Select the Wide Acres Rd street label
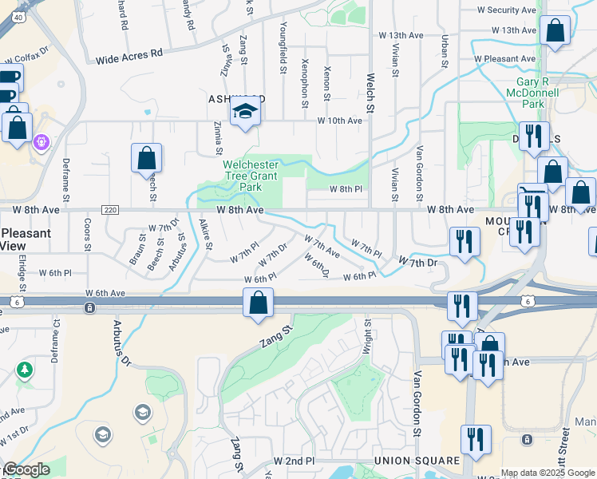pos(128,57)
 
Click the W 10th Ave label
pos(339,121)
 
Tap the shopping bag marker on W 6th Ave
pos(258,304)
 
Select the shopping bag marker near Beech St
pos(147,159)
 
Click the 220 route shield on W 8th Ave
pos(110,209)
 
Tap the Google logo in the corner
pos(26,469)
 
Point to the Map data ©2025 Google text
pos(548,473)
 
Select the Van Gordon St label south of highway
pos(416,402)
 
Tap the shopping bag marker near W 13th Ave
pos(554,32)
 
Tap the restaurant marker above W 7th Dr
pos(464,242)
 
